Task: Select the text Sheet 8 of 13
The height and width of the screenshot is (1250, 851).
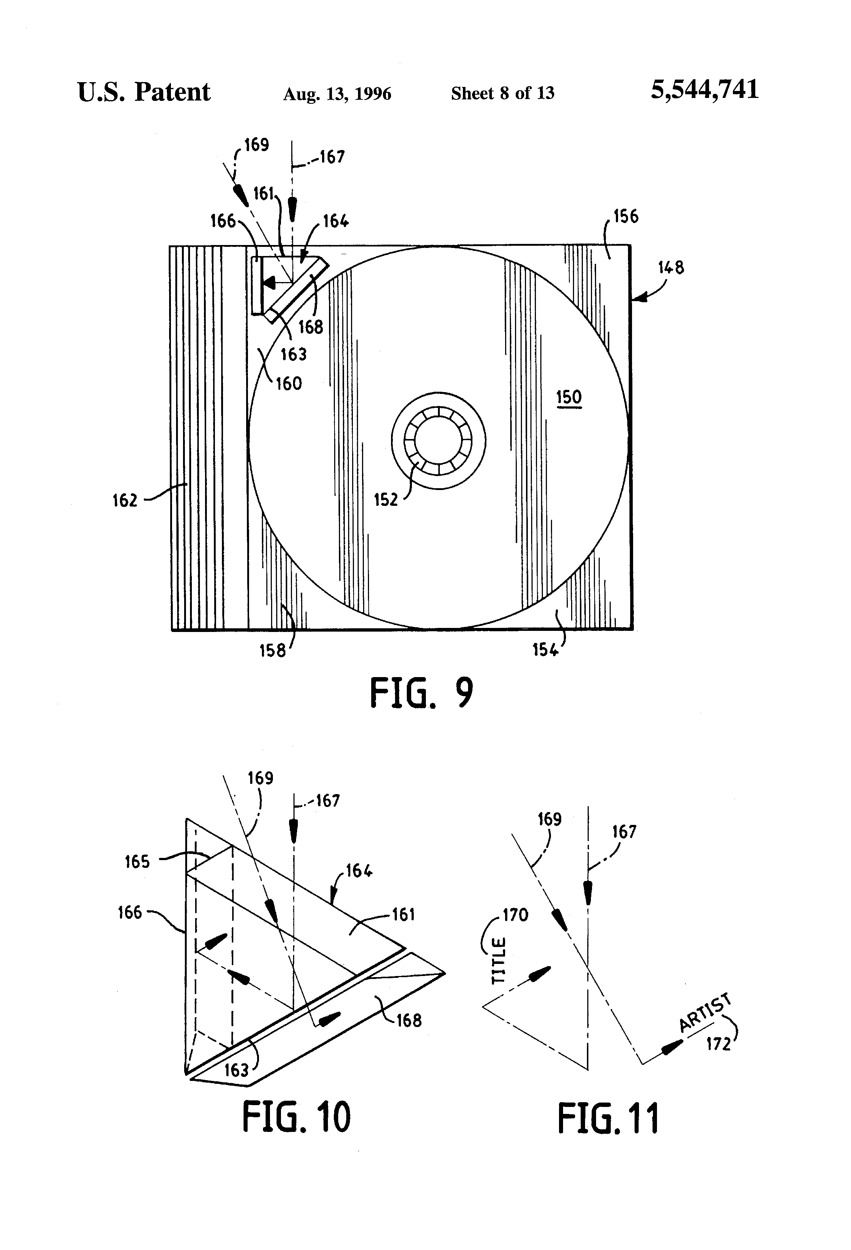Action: click(x=503, y=93)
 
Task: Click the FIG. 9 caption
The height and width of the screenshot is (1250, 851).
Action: click(x=422, y=693)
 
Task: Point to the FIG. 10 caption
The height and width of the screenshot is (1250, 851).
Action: click(x=296, y=1117)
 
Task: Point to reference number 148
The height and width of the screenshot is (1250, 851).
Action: click(x=671, y=268)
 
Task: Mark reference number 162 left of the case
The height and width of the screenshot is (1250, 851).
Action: click(x=125, y=501)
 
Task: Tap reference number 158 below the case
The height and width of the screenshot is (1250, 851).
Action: click(x=273, y=650)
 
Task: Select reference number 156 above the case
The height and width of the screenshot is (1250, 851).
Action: click(x=626, y=217)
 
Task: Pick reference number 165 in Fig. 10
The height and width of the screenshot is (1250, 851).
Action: click(x=137, y=862)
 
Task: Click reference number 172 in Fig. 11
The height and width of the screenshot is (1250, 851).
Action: click(x=719, y=1045)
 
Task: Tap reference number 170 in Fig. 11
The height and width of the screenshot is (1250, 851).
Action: click(x=515, y=915)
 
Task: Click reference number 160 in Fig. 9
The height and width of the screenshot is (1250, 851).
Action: click(x=289, y=384)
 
